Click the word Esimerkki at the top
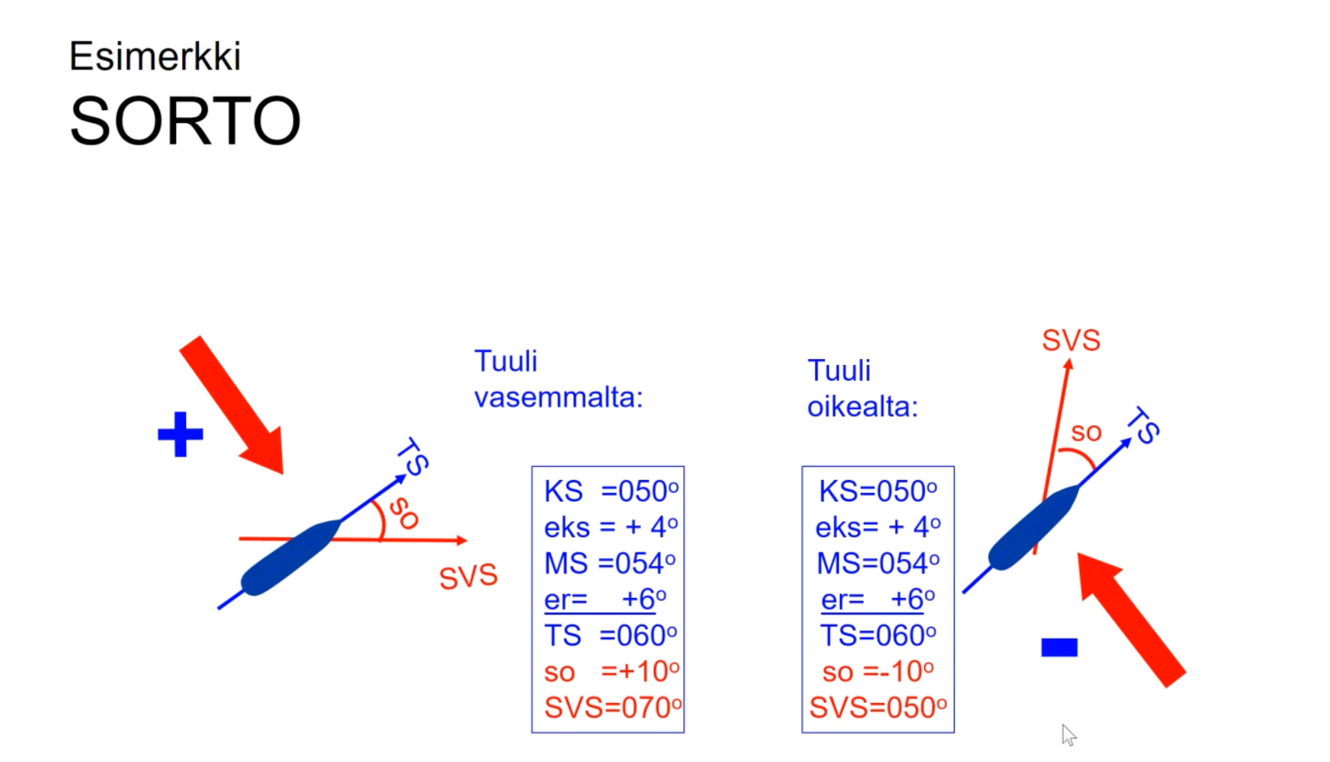click(155, 56)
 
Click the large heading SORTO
click(185, 120)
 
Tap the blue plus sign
click(181, 434)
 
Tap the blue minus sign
click(1060, 647)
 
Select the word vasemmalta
click(558, 397)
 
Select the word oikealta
click(862, 407)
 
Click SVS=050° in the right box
click(878, 708)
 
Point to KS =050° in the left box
click(611, 491)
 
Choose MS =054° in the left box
click(610, 563)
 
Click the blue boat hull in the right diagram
click(1034, 527)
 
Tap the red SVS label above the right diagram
click(1071, 340)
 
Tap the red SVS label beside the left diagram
click(468, 576)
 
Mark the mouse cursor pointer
click(1069, 734)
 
